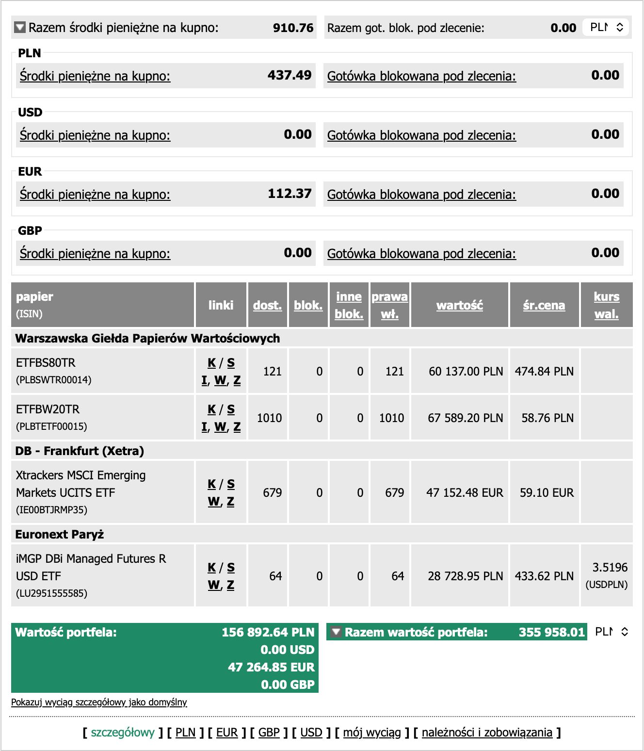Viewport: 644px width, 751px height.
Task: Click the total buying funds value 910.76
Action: [293, 28]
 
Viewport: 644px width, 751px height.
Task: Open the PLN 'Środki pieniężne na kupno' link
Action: [95, 76]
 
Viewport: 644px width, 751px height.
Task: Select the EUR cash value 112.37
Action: [290, 194]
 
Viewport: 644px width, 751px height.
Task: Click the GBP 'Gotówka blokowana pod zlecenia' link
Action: [421, 254]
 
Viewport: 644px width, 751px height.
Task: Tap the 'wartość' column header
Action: [459, 305]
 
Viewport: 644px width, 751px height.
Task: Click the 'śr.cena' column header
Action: [544, 305]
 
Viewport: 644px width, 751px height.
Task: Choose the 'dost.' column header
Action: [267, 305]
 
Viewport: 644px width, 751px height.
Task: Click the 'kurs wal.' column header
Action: [606, 305]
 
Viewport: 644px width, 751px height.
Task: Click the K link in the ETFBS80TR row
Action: [211, 363]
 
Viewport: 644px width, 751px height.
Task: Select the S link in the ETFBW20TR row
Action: [231, 409]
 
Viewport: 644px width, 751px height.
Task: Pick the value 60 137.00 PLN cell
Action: [466, 372]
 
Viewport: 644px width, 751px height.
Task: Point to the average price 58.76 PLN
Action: [547, 418]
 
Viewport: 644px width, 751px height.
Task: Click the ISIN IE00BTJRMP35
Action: [52, 510]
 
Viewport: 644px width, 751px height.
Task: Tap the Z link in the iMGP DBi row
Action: [230, 585]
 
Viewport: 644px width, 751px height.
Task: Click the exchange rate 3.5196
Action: [610, 568]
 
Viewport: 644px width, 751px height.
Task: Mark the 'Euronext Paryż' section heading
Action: [60, 535]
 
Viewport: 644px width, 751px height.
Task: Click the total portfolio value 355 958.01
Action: [551, 632]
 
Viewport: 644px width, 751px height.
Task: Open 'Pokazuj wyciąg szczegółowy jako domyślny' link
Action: [99, 702]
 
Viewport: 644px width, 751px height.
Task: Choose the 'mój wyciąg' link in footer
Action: [372, 733]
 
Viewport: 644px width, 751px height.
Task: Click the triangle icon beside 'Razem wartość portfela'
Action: [336, 632]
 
